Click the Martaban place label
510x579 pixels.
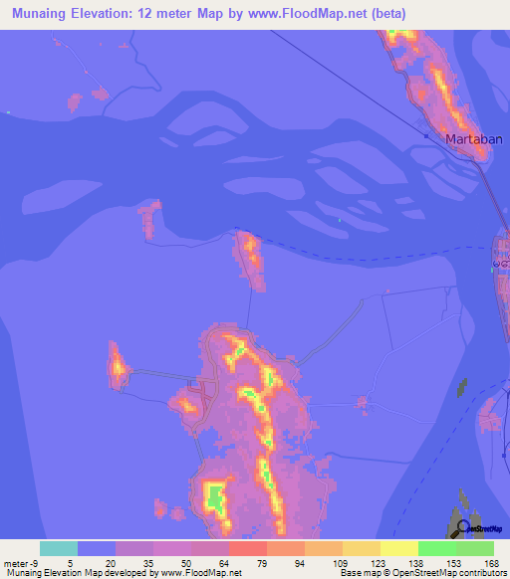(469, 138)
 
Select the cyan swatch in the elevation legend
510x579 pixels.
(58, 548)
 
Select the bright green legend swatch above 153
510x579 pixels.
(437, 548)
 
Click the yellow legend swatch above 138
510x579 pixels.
(399, 548)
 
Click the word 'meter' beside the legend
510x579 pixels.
(13, 562)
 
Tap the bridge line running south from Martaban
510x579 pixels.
(495, 199)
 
